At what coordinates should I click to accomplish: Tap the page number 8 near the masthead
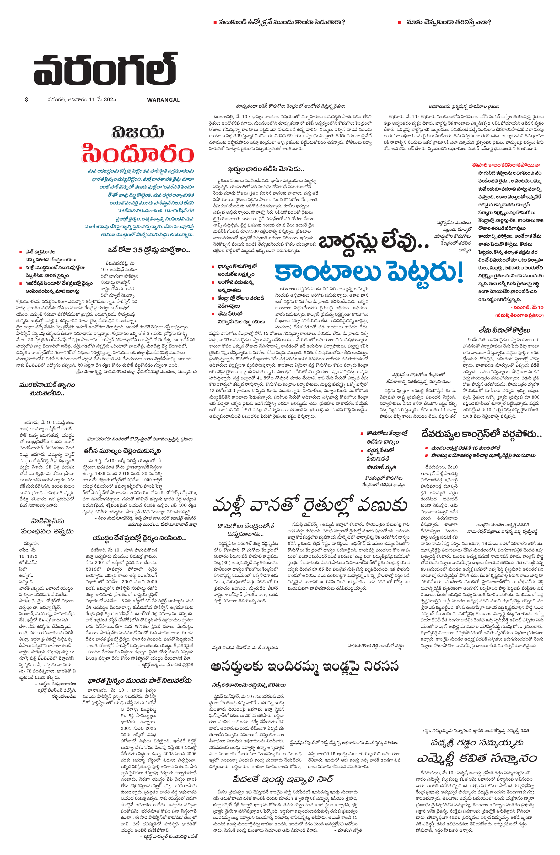pyautogui.click(x=26, y=100)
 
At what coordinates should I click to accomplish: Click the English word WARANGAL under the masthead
pyautogui.click(x=163, y=100)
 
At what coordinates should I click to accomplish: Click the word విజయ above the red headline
pyautogui.click(x=138, y=132)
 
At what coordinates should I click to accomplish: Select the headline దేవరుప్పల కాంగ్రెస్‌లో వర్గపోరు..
pyautogui.click(x=481, y=434)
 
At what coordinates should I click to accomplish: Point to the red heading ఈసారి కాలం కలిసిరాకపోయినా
pyautogui.click(x=506, y=165)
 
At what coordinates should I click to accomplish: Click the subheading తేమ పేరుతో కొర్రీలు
pyautogui.click(x=504, y=330)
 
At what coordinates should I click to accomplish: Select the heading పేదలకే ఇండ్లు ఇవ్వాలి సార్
pyautogui.click(x=283, y=779)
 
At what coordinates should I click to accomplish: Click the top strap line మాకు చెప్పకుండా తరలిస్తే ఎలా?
pyautogui.click(x=448, y=22)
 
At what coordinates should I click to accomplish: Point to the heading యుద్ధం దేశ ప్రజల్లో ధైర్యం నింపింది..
pyautogui.click(x=139, y=538)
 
